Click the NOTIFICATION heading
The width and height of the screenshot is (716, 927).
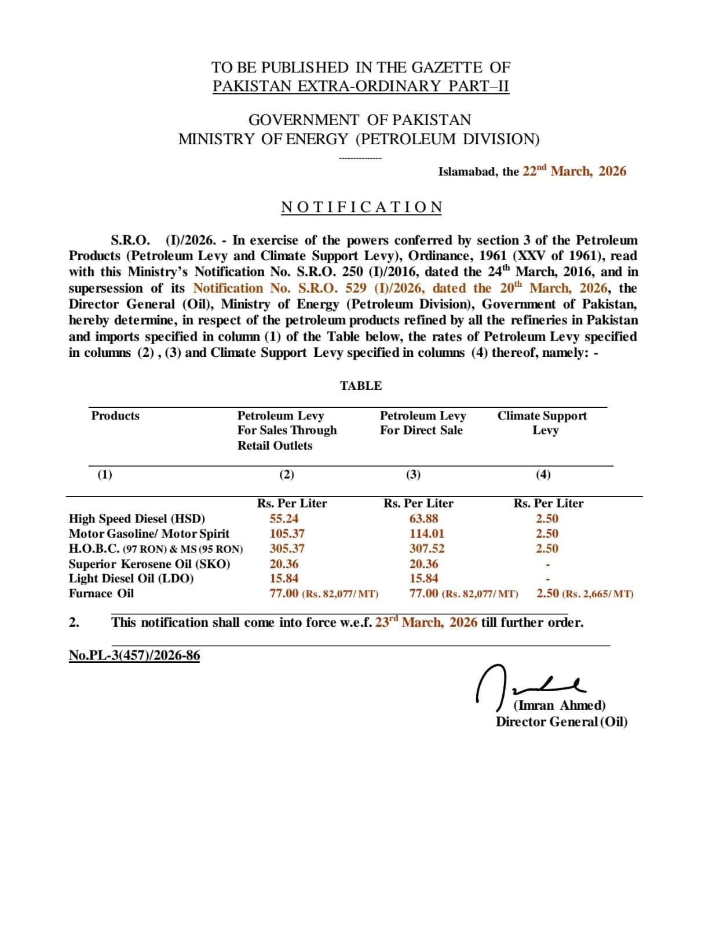(x=361, y=207)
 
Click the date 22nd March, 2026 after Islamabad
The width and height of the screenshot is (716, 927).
(x=573, y=171)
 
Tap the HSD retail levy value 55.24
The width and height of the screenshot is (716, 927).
(x=284, y=519)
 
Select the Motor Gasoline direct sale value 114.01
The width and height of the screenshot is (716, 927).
(x=426, y=534)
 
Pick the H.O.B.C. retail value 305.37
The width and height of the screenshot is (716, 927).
(x=287, y=549)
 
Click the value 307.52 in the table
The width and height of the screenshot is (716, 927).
(x=426, y=549)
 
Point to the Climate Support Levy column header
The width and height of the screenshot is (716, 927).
(x=542, y=423)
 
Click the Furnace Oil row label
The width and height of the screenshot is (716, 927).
(x=101, y=593)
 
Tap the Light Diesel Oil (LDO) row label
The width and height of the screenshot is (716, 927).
(x=131, y=578)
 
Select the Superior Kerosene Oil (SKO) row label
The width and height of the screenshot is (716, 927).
(x=149, y=564)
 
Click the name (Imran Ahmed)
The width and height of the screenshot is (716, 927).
(x=560, y=705)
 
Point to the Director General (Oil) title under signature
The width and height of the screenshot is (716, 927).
(x=561, y=721)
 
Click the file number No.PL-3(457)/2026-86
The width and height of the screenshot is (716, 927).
(x=134, y=655)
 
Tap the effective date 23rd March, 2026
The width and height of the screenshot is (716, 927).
(x=426, y=622)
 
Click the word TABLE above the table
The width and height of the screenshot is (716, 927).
(x=361, y=386)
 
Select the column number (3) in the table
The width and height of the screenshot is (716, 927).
(x=413, y=475)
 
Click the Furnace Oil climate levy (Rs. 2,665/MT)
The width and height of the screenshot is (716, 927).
(x=598, y=594)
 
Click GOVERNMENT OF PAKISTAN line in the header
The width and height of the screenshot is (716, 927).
(x=360, y=120)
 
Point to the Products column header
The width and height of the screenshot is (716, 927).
(x=115, y=416)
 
